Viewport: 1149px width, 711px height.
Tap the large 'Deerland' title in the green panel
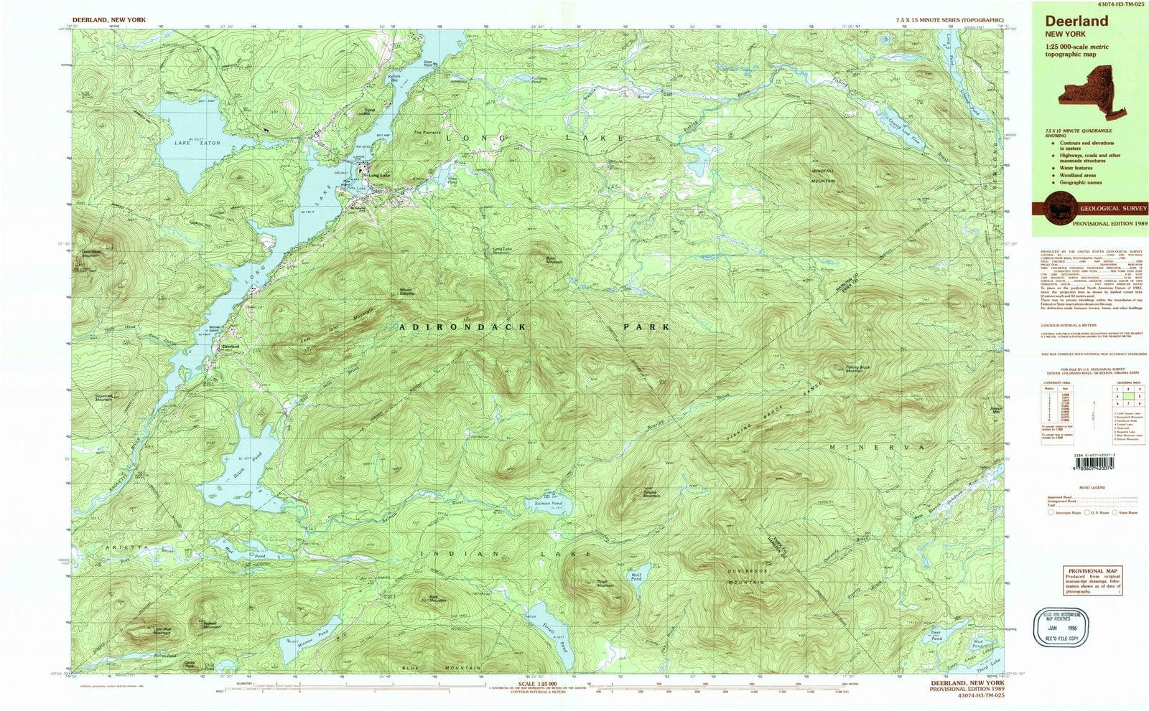[x=1075, y=21]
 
